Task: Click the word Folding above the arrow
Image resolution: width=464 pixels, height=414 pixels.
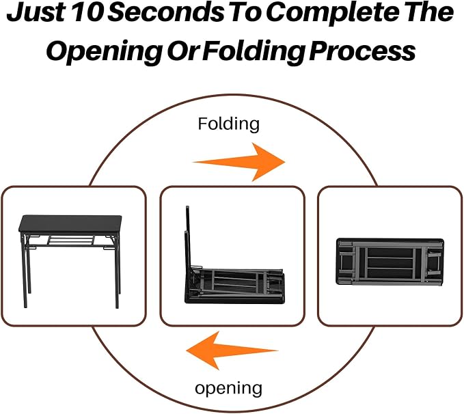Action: pyautogui.click(x=229, y=124)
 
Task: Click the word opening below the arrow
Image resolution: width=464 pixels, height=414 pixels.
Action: pyautogui.click(x=228, y=388)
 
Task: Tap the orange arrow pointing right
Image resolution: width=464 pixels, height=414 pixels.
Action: pyautogui.click(x=239, y=162)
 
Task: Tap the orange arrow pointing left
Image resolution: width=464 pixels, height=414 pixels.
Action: pyautogui.click(x=232, y=350)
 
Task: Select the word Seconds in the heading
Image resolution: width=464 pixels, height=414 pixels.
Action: pyautogui.click(x=167, y=12)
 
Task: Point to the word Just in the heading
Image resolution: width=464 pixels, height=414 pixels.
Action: pyautogui.click(x=36, y=13)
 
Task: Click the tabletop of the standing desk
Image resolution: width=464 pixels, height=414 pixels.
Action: pyautogui.click(x=70, y=224)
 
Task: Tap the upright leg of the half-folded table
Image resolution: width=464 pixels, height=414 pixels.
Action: pyautogui.click(x=188, y=237)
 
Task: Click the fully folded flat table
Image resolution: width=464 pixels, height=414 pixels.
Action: pyautogui.click(x=390, y=262)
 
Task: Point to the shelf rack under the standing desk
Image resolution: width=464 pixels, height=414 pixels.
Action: pyautogui.click(x=71, y=240)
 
